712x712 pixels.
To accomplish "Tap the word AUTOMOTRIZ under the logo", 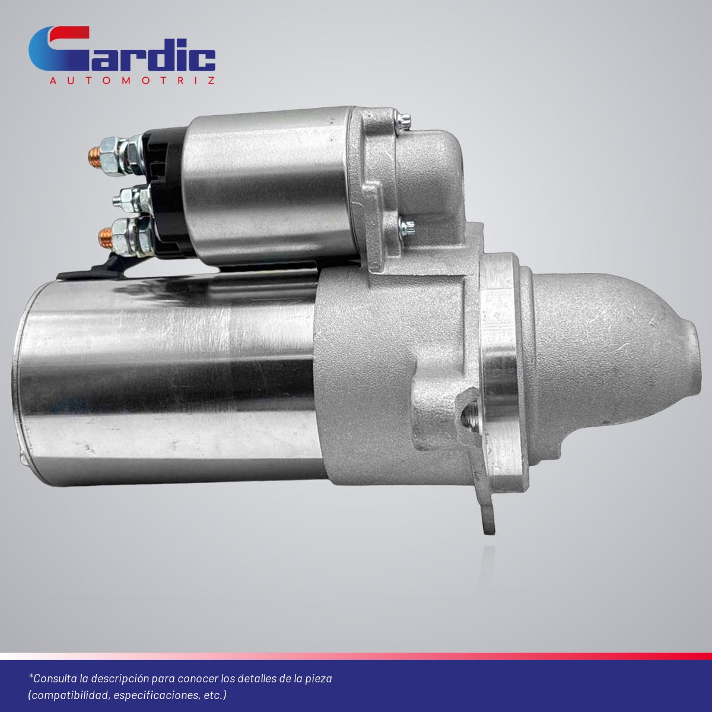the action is click(x=132, y=81).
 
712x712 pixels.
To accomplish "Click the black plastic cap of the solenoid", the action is click(x=168, y=192).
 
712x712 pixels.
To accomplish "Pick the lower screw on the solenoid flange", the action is click(x=407, y=228).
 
